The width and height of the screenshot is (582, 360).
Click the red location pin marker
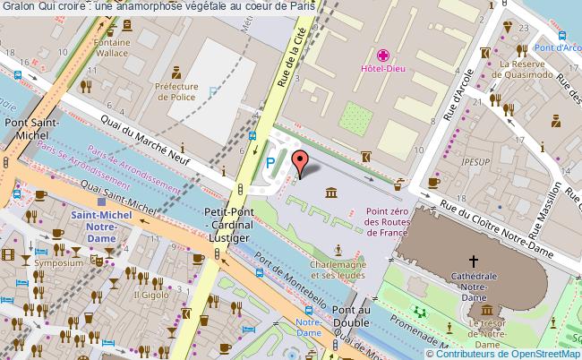302,162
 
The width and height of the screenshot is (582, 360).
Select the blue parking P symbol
270,164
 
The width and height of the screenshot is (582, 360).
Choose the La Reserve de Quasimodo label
529,70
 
